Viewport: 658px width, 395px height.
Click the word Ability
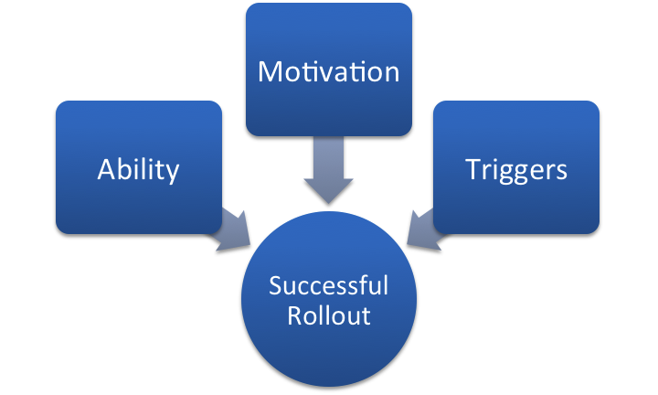pos(138,171)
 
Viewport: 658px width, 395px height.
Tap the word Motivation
pos(328,71)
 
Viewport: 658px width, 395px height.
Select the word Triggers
pos(515,170)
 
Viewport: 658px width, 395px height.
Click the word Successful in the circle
pos(328,286)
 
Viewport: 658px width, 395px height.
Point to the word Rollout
pos(328,315)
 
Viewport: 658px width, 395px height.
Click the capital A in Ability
pos(105,169)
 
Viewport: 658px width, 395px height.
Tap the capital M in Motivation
pos(270,70)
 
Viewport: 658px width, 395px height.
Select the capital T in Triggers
pos(472,169)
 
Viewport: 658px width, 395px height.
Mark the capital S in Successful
pos(274,286)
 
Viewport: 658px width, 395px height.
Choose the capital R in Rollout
pos(294,315)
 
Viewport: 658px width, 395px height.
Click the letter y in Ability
pos(173,174)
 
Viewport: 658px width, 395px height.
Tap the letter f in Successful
pos(372,285)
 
